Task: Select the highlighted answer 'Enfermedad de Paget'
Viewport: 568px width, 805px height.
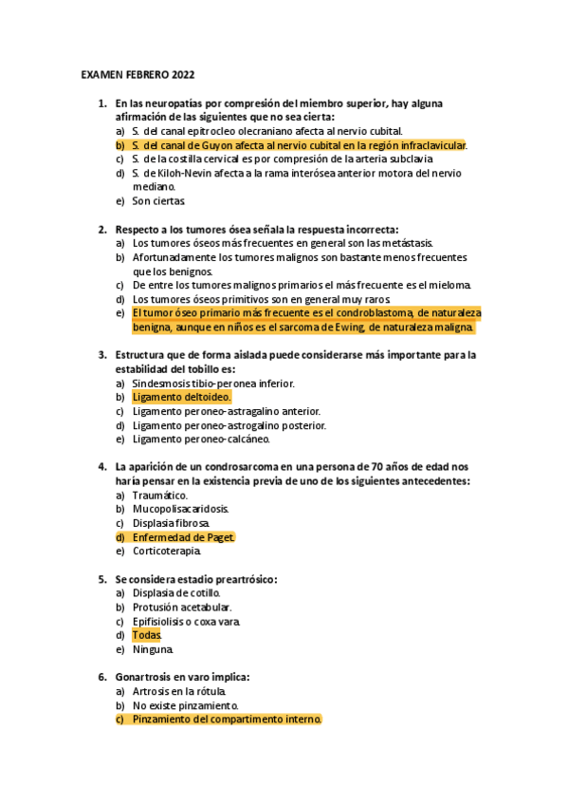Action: click(x=183, y=537)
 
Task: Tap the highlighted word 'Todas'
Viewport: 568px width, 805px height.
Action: click(x=147, y=635)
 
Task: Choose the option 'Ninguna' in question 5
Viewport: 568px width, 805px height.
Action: click(x=153, y=650)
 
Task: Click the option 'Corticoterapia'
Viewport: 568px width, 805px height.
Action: click(x=168, y=551)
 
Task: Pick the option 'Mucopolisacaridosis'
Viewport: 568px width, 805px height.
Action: click(x=180, y=509)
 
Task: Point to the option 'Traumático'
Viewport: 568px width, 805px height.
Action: click(x=160, y=495)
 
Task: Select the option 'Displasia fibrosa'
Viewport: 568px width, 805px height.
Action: click(x=171, y=523)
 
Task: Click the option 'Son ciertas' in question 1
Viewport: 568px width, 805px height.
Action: click(x=158, y=201)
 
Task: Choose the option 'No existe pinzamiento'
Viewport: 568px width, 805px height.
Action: click(x=185, y=706)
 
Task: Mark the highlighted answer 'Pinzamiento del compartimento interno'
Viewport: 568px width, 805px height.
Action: click(x=227, y=721)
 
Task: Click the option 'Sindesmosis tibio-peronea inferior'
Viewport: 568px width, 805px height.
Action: click(x=213, y=384)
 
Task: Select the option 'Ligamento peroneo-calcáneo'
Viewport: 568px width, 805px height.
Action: click(x=201, y=440)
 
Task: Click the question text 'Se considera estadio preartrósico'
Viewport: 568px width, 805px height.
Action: click(x=196, y=579)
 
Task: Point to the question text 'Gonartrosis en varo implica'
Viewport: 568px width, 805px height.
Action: click(x=182, y=678)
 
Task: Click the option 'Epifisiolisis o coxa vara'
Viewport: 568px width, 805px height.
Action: click(x=186, y=622)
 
